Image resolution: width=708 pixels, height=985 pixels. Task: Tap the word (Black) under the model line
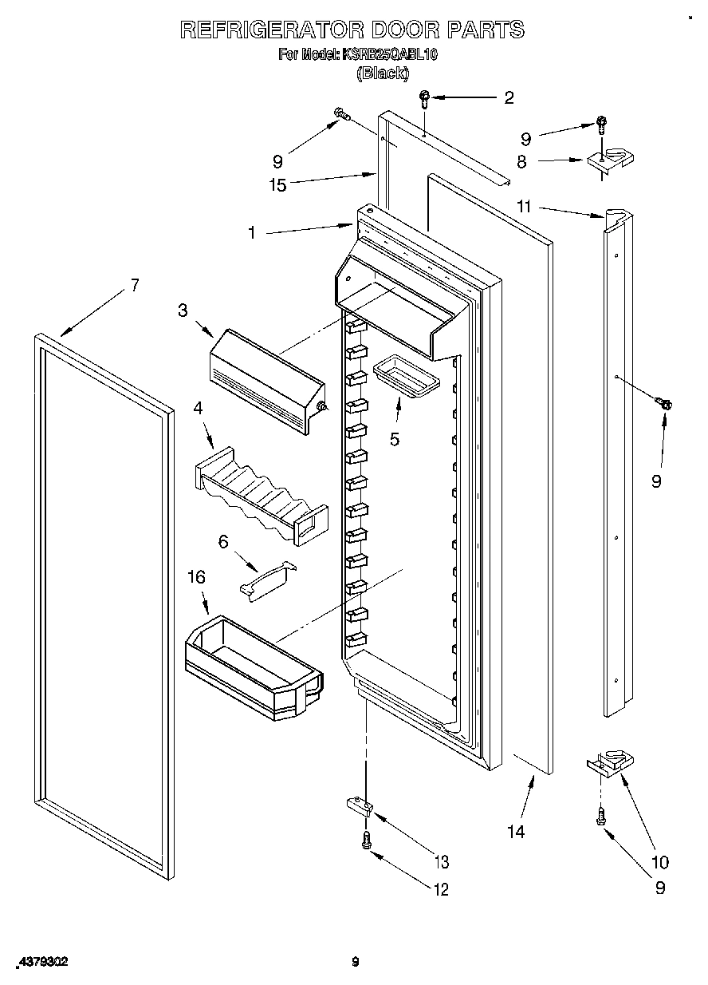coord(383,73)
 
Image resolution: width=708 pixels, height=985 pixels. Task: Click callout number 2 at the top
coord(509,98)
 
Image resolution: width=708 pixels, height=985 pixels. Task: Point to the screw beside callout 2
coord(425,98)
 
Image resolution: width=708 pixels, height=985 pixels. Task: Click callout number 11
coord(523,207)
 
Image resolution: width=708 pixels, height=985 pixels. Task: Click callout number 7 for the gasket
coord(135,285)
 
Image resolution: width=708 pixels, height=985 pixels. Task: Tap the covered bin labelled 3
coord(267,370)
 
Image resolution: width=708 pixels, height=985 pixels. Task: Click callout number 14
coord(516,832)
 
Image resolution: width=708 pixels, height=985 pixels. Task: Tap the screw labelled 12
coord(367,840)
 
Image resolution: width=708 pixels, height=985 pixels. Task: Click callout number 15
coord(277,186)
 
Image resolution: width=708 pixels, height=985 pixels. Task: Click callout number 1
coord(252,233)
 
